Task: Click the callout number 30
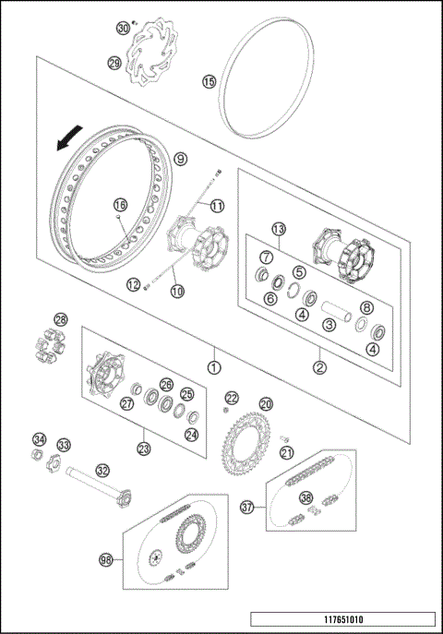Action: (122, 29)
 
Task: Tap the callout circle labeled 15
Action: (210, 82)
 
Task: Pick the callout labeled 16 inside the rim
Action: (119, 205)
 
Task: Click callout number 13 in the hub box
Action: (278, 229)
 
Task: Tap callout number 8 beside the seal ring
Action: (366, 308)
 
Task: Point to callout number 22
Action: (233, 398)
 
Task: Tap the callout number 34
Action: (38, 438)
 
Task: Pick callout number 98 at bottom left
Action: (108, 560)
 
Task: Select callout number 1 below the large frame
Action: (213, 365)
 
